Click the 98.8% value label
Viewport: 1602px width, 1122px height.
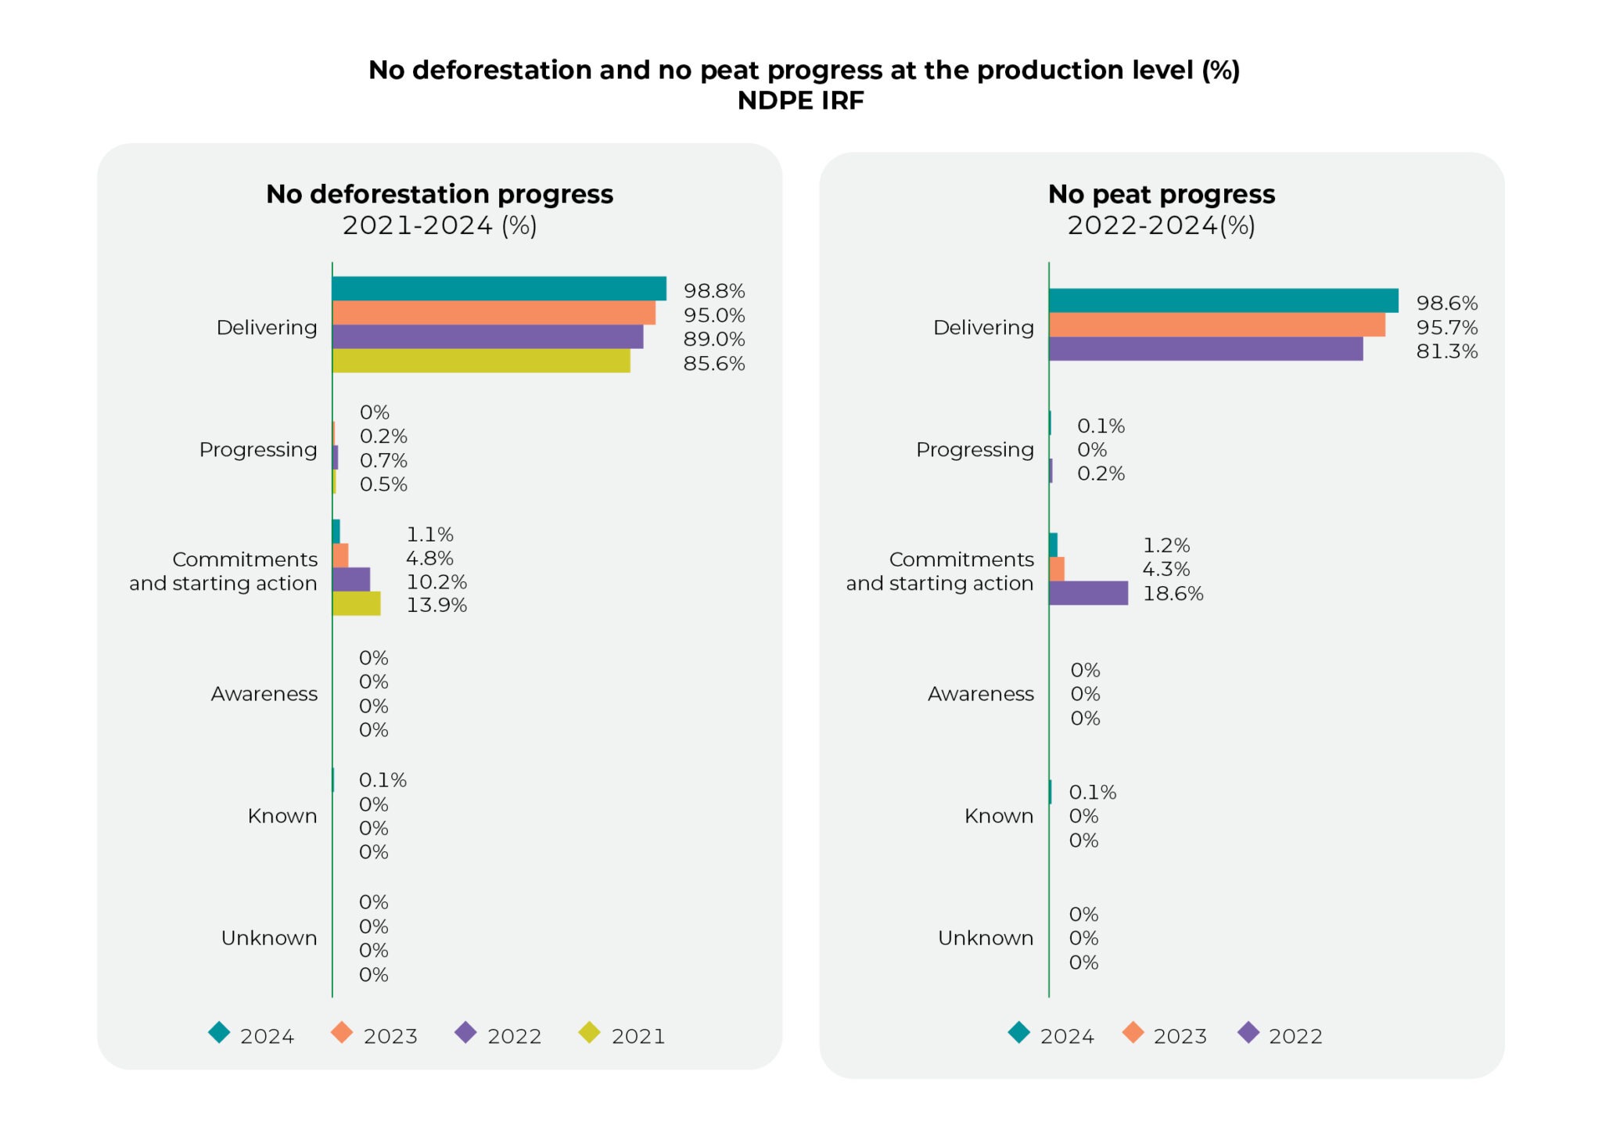713,291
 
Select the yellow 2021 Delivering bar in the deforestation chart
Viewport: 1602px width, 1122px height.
480,361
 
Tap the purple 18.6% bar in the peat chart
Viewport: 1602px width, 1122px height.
1087,593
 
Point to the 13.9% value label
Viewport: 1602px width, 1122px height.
436,606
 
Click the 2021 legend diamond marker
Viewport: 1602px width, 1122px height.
589,1033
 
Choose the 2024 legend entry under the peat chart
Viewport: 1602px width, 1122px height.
1051,1035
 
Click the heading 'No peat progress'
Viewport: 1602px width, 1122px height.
1161,194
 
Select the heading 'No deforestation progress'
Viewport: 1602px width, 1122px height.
439,194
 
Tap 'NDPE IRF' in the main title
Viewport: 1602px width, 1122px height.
800,101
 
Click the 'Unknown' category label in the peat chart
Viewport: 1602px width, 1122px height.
985,937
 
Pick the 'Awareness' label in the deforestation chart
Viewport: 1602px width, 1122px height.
264,694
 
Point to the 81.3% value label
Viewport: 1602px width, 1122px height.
1446,351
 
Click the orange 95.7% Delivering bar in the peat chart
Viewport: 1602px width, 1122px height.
1216,325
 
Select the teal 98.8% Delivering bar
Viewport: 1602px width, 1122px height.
498,289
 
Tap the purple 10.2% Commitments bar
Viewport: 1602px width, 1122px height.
350,580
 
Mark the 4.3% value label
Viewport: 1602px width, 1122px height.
1166,569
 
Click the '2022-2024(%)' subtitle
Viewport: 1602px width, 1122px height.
1161,226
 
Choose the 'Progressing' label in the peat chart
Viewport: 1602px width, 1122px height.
974,450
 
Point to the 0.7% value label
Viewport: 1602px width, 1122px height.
383,460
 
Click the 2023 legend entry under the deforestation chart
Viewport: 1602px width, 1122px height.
375,1035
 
